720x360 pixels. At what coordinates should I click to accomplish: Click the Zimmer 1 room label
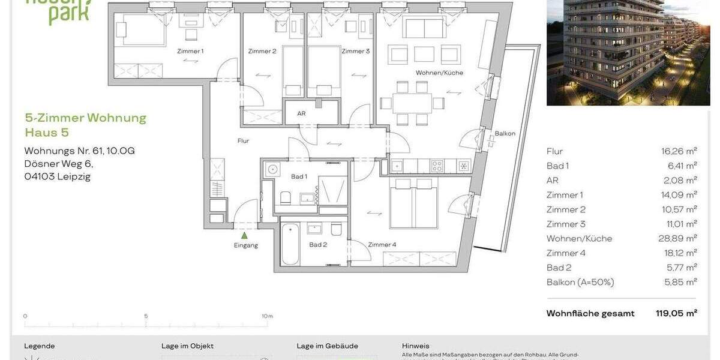coord(190,51)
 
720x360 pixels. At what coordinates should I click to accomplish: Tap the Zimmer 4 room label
coord(382,244)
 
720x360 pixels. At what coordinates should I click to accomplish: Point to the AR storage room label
coord(301,113)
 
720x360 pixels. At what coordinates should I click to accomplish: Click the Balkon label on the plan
coord(505,133)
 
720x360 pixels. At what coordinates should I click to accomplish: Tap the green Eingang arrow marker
coord(244,235)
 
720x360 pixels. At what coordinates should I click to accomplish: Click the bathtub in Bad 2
coord(290,244)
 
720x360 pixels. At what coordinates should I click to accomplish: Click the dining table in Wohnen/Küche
coord(412,103)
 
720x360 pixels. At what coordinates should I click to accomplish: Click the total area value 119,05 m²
coord(676,313)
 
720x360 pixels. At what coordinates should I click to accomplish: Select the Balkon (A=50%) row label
coord(580,282)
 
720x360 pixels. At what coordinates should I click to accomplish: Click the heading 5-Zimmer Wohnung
coord(85,118)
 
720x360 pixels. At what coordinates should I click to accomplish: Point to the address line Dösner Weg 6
coord(59,163)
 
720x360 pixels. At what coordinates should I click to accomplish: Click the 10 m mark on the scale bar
coord(267,316)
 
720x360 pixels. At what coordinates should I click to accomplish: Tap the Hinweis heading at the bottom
coord(415,346)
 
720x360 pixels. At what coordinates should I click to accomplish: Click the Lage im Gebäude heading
coord(327,346)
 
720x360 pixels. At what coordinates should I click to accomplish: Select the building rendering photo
coord(628,53)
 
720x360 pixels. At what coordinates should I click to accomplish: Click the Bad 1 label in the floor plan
coord(299,176)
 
